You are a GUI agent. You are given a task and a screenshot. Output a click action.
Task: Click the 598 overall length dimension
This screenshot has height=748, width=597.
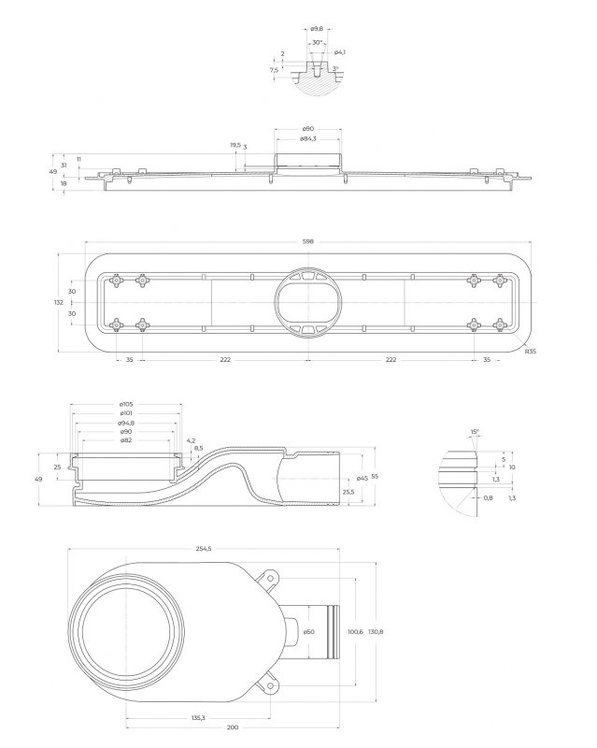pyautogui.click(x=308, y=242)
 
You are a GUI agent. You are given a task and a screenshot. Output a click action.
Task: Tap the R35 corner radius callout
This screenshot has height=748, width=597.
pyautogui.click(x=531, y=352)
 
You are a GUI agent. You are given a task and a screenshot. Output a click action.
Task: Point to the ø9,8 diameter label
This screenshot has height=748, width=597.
pyautogui.click(x=316, y=29)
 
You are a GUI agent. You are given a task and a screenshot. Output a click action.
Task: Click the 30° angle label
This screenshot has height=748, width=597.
pyautogui.click(x=317, y=42)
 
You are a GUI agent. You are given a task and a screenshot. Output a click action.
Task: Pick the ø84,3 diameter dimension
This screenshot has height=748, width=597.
pyautogui.click(x=308, y=138)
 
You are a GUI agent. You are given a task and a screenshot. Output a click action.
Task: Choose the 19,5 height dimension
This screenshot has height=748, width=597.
pyautogui.click(x=235, y=145)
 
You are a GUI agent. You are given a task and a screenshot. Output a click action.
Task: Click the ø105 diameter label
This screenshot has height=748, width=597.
pyautogui.click(x=126, y=405)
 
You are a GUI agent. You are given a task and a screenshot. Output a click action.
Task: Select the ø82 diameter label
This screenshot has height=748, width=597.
pyautogui.click(x=126, y=440)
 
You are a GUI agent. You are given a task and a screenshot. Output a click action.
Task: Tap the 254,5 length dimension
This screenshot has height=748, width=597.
pyautogui.click(x=204, y=549)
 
